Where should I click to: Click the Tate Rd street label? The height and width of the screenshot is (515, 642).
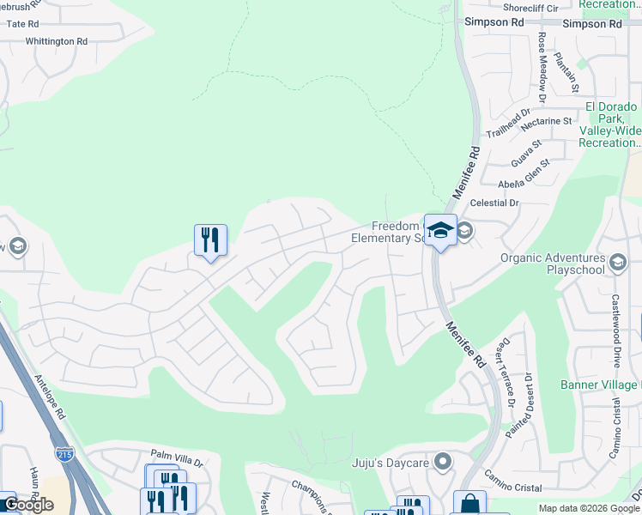point(23,24)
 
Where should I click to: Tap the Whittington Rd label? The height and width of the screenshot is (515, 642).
point(57,41)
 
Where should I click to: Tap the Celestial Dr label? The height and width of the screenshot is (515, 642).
point(496,203)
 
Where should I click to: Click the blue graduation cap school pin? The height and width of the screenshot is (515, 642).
point(440,230)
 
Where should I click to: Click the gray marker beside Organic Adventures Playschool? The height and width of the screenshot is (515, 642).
point(618,262)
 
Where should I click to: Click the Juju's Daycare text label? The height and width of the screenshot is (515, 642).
point(391,463)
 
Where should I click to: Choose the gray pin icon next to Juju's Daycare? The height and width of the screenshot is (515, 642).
point(443,463)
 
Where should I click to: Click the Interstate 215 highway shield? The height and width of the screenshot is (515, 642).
point(64,453)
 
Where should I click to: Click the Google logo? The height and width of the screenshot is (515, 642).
point(27,505)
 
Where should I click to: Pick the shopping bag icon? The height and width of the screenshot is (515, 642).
point(469,504)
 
